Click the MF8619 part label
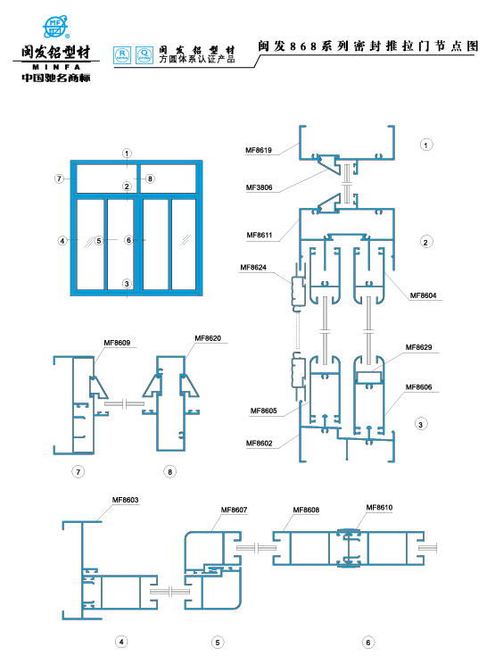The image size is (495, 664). point(259,150)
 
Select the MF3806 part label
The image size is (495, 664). point(259,187)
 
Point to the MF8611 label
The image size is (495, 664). point(260,235)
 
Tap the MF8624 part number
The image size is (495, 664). point(253,267)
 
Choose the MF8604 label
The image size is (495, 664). point(423,295)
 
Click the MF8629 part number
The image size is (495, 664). point(419,347)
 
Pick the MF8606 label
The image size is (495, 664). point(419,387)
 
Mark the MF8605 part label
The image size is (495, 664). point(264,411)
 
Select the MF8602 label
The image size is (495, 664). point(260,444)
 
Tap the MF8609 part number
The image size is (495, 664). point(117,343)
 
